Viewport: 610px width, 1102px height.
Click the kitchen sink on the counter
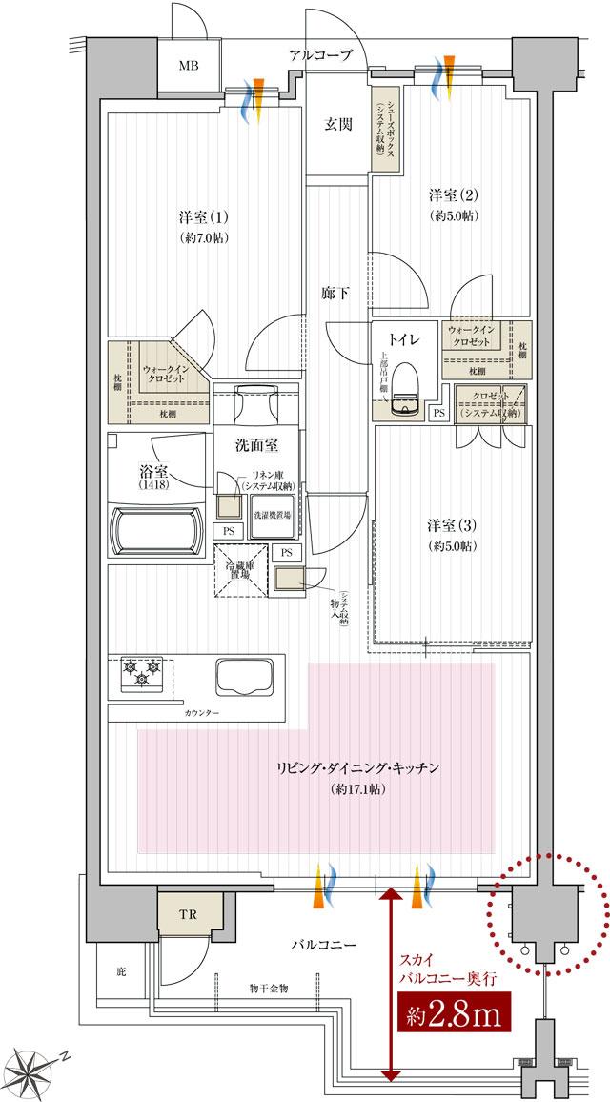click(x=244, y=678)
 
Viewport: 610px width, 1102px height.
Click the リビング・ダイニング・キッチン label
click(x=357, y=768)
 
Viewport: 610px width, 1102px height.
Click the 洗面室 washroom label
click(x=256, y=444)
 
